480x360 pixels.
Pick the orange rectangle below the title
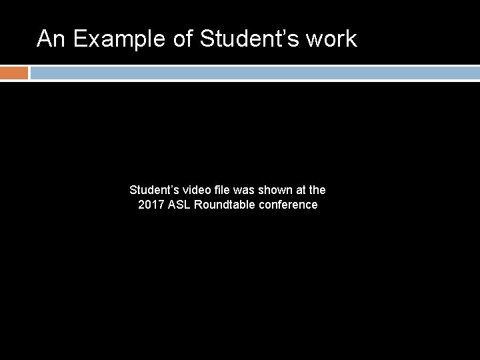14,73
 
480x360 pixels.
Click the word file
223,190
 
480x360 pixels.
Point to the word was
245,190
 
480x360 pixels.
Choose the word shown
277,190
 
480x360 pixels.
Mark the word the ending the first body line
317,190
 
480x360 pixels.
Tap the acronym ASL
180,205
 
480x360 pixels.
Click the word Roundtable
225,205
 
